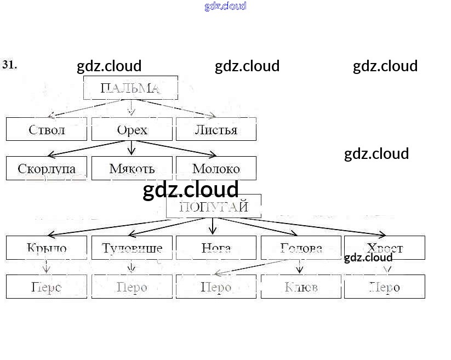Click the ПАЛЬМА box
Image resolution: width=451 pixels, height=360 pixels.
[x=130, y=88]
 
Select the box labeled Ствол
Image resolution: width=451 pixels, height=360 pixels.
[x=47, y=129]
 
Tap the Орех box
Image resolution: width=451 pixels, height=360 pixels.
[x=132, y=129]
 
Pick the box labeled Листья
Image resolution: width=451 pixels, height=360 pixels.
[x=216, y=129]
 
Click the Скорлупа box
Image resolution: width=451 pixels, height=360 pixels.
[x=47, y=168]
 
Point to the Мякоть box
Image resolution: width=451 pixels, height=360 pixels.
[x=132, y=168]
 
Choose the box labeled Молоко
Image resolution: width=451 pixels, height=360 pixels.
[x=216, y=168]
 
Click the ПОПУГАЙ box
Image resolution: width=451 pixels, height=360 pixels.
[x=213, y=207]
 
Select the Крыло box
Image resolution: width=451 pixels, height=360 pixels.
[x=47, y=248]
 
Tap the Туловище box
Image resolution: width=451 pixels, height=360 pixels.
[x=132, y=248]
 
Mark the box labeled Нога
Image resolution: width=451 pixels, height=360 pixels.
[x=216, y=248]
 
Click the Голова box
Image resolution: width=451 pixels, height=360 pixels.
[x=301, y=248]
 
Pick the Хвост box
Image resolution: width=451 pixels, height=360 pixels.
[x=384, y=248]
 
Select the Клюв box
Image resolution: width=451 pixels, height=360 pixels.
[x=301, y=287]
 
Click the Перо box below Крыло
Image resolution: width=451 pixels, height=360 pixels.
[x=47, y=287]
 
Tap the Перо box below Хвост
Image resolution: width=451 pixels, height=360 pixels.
[x=384, y=287]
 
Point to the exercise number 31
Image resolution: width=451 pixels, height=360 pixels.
[x=9, y=65]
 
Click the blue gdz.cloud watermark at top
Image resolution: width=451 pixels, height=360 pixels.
[x=225, y=6]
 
